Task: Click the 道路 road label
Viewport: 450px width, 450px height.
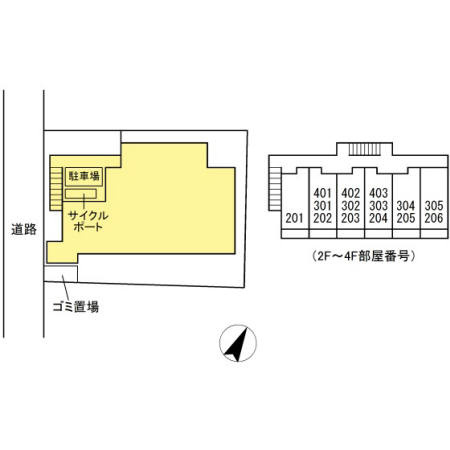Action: (24, 229)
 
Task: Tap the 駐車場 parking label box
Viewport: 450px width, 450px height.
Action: (84, 176)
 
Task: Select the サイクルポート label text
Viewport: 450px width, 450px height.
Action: (88, 221)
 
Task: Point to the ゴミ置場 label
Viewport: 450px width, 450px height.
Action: (76, 307)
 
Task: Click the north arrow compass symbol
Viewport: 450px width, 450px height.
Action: (238, 343)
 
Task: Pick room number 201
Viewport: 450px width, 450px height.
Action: (294, 218)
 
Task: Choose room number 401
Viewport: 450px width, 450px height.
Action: (322, 193)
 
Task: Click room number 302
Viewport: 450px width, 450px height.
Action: (350, 206)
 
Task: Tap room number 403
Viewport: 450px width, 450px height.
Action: (378, 193)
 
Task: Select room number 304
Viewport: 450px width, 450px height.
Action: (406, 206)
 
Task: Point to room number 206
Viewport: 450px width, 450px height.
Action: (434, 218)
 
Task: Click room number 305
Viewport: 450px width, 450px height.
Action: (434, 206)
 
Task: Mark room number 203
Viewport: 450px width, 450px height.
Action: (350, 218)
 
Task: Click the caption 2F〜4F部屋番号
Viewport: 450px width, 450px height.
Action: (364, 256)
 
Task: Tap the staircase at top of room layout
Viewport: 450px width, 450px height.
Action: (364, 149)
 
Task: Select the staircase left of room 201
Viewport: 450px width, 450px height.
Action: (275, 189)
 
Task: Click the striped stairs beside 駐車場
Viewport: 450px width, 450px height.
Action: (56, 189)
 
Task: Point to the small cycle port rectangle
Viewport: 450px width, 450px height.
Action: (81, 194)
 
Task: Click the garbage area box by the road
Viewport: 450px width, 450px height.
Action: (61, 274)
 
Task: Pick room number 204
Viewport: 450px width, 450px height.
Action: (378, 218)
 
